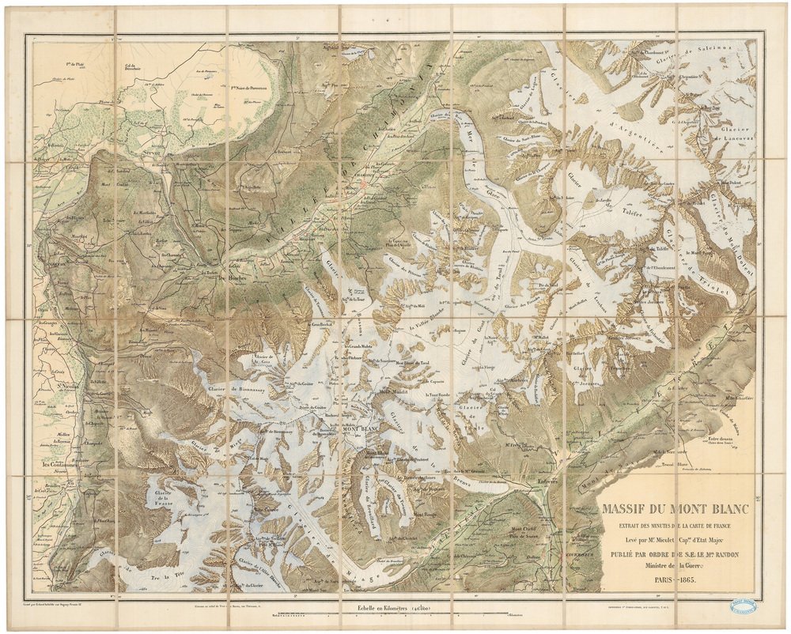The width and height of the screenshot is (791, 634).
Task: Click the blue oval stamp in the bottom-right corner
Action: coord(742,606)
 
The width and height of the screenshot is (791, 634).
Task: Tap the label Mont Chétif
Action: coord(523,528)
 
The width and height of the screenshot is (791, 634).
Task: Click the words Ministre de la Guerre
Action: coord(673,566)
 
